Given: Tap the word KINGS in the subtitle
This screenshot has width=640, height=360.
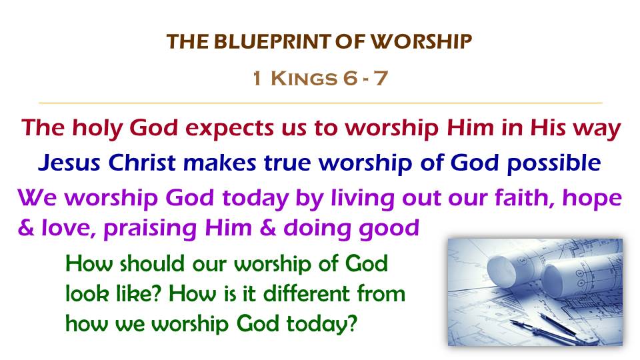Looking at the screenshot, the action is (x=304, y=78).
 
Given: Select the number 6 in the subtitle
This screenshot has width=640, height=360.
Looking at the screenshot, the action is (x=350, y=78).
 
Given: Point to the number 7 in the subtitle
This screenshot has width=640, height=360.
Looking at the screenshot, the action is (x=381, y=78).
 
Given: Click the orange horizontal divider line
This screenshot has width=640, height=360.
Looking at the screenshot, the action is (x=321, y=103).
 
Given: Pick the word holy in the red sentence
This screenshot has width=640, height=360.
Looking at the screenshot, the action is (x=97, y=128).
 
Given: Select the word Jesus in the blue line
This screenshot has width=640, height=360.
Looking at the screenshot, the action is (x=69, y=163).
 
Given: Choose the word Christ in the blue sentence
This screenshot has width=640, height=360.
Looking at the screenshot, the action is (x=142, y=163).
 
